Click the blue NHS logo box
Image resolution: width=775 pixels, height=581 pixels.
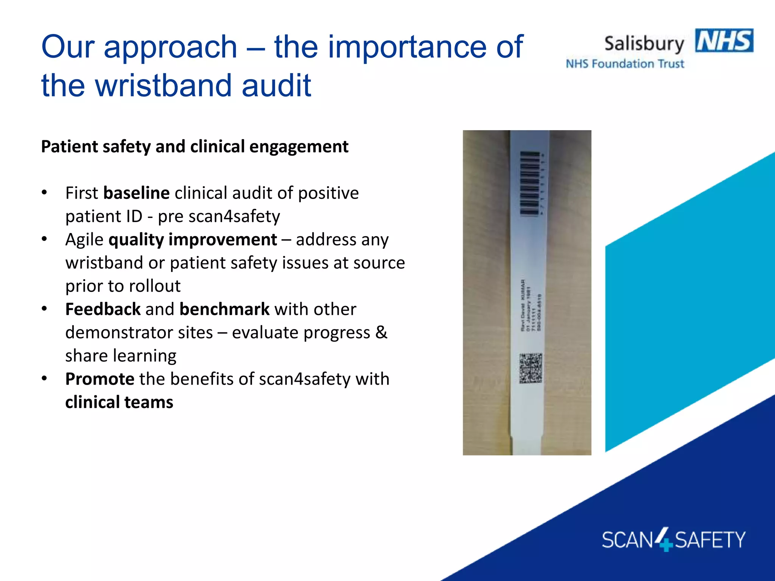(x=724, y=40)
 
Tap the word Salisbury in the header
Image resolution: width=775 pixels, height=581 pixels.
(x=644, y=44)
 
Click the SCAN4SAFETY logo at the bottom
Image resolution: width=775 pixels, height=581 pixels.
(x=673, y=539)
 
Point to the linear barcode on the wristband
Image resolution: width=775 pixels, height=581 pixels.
(x=529, y=183)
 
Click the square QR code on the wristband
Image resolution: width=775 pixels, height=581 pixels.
(x=531, y=368)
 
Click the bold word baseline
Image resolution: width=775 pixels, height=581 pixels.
(x=136, y=193)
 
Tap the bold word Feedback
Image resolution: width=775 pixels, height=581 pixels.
(x=103, y=309)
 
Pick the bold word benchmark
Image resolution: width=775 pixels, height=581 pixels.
(x=224, y=309)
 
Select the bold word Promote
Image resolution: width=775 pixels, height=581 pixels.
(x=100, y=379)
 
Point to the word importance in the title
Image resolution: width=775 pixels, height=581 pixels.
(x=406, y=47)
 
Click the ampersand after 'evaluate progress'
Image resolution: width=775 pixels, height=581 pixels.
(x=381, y=332)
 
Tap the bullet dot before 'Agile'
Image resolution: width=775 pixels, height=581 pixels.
(x=44, y=239)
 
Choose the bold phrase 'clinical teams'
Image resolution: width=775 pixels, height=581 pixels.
(x=119, y=402)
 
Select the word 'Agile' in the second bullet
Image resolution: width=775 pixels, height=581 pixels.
(x=84, y=240)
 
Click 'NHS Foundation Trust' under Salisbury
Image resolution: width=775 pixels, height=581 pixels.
(x=625, y=64)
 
